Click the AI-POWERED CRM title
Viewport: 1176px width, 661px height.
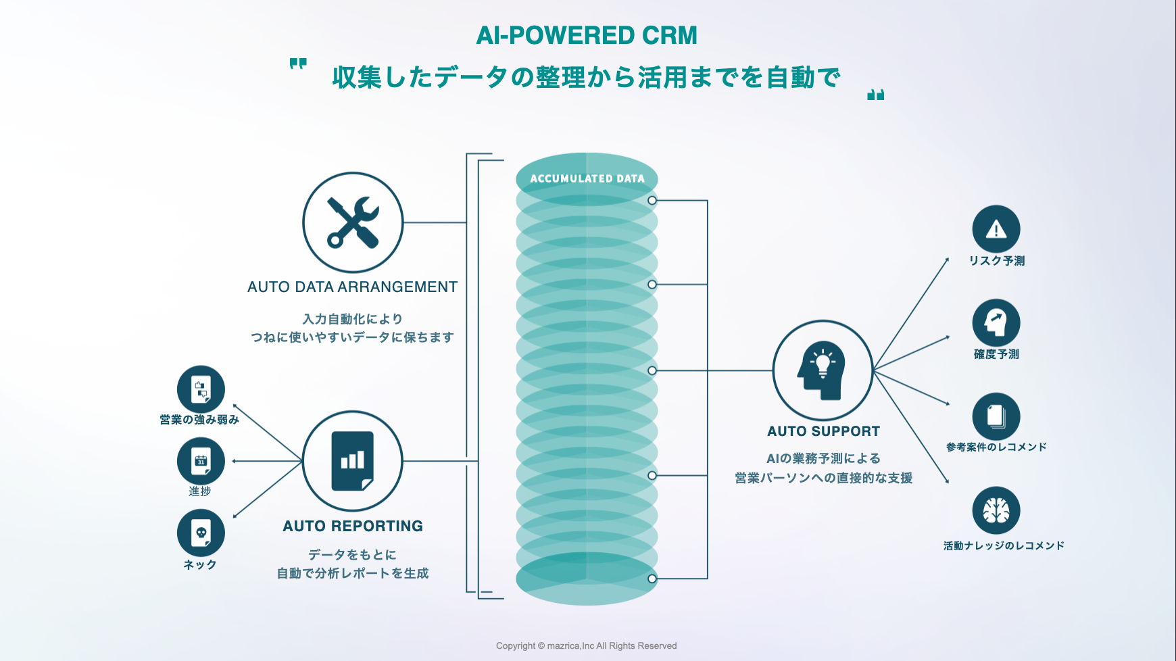(587, 35)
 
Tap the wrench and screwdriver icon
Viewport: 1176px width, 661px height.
(353, 222)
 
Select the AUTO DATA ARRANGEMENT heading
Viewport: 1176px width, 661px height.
(352, 287)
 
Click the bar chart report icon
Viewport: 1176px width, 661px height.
(353, 461)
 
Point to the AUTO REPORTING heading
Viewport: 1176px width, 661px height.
(353, 526)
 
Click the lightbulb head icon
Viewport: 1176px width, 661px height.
(823, 370)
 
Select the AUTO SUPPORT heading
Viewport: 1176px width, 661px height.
(823, 431)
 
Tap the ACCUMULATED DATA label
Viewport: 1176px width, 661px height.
(587, 178)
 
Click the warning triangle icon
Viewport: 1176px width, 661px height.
(996, 229)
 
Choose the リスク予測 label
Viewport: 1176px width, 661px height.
(996, 261)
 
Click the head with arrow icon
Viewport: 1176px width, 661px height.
(996, 322)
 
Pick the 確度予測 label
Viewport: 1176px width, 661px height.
(996, 354)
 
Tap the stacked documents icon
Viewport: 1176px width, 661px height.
(996, 416)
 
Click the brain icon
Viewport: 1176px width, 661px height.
(996, 510)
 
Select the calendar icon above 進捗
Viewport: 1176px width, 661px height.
(201, 461)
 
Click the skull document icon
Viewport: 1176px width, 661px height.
(201, 533)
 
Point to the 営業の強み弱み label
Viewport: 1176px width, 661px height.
(199, 420)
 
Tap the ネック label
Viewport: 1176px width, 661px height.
(200, 564)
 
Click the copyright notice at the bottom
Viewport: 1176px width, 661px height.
(586, 645)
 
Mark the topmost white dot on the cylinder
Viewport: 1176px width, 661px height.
(652, 201)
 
